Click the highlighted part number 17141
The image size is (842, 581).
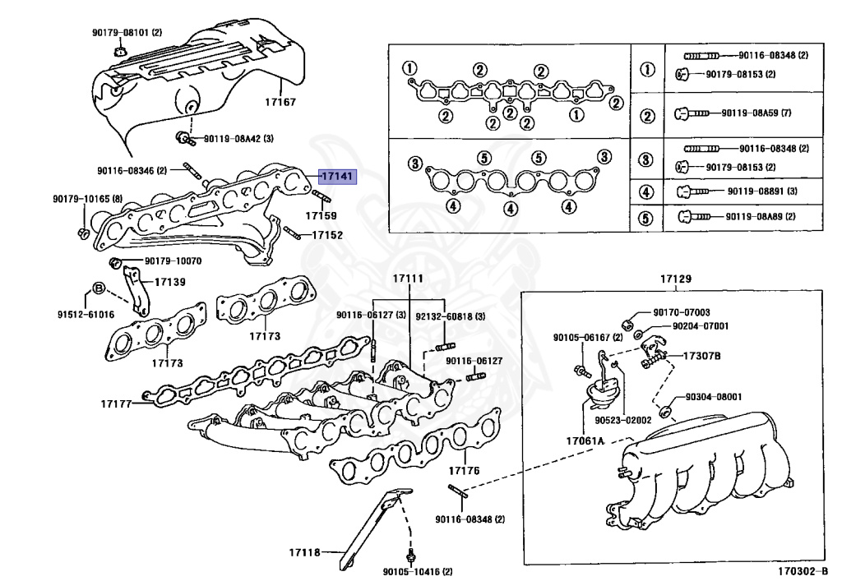(x=337, y=176)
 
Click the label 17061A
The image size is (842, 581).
(x=585, y=440)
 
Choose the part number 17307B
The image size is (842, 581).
(x=702, y=356)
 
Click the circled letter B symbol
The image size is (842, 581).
(x=97, y=288)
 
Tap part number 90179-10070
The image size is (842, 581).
(x=173, y=261)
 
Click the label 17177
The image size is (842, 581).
(x=118, y=403)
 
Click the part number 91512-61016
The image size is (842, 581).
(x=86, y=314)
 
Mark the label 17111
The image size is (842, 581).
(x=408, y=279)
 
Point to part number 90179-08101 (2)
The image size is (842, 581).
(x=127, y=33)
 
